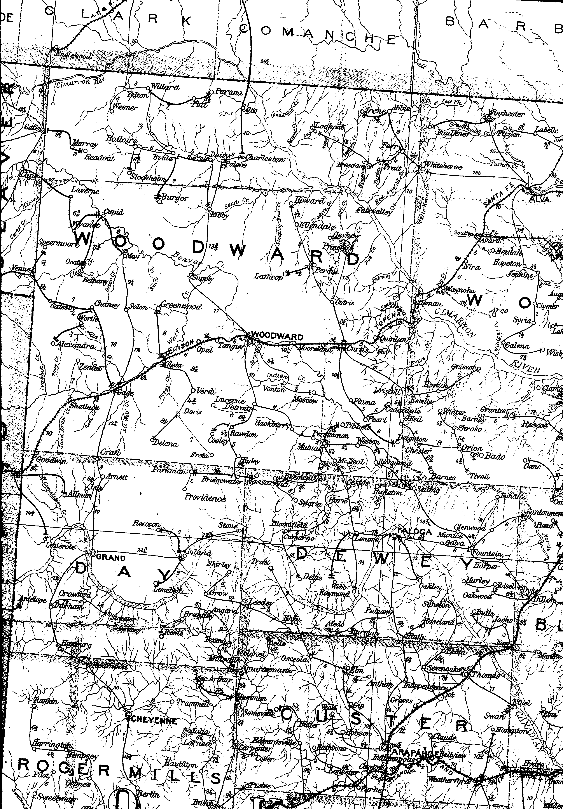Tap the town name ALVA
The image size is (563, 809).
[x=541, y=199]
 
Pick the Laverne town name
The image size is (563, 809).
[x=85, y=191]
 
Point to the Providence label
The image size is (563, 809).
[x=205, y=498]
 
